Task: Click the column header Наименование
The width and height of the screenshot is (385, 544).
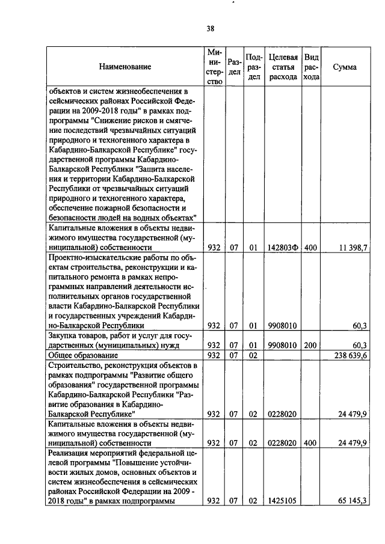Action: pos(125,67)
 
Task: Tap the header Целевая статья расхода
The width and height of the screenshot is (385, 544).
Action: pos(283,67)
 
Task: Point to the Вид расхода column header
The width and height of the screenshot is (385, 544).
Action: pos(311,67)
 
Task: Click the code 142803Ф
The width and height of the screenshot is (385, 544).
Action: pos(283,247)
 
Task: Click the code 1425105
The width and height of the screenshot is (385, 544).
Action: pos(282,500)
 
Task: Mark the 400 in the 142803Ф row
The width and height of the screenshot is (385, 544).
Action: pos(310,247)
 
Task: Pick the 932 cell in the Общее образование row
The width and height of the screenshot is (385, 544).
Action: pos(214,356)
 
